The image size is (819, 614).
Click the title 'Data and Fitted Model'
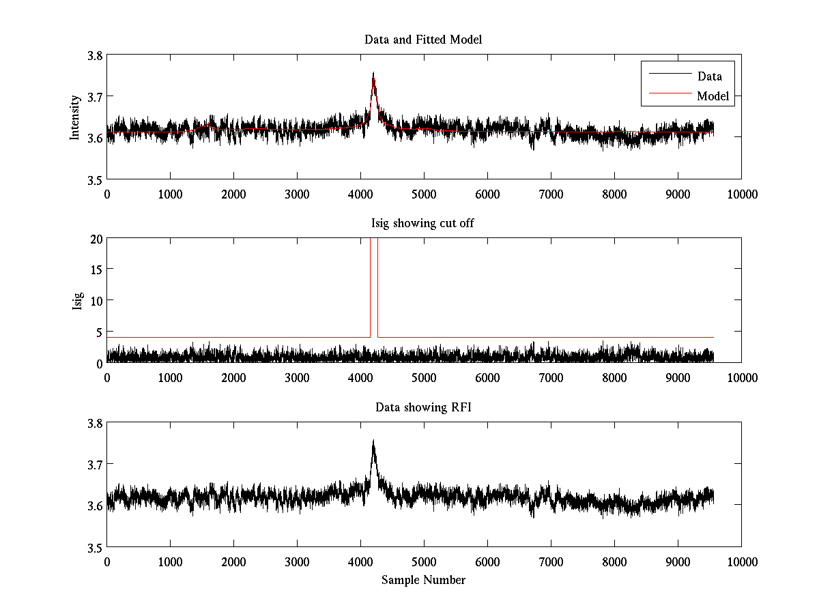[423, 40]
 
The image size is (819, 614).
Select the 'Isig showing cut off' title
[423, 223]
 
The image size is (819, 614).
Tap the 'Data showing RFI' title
[423, 407]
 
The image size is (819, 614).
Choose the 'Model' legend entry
[713, 96]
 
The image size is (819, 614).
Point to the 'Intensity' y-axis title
[76, 117]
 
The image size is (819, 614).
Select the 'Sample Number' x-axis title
[423, 580]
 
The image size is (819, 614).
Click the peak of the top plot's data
[373, 73]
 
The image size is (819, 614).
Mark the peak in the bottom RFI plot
[373, 441]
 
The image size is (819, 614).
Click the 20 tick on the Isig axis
[96, 239]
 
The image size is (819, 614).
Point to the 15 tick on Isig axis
[96, 269]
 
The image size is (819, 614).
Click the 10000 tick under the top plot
[742, 194]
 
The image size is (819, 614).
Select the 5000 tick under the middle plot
[424, 377]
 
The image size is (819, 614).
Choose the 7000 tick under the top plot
[551, 194]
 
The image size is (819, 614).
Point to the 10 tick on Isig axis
[96, 301]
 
